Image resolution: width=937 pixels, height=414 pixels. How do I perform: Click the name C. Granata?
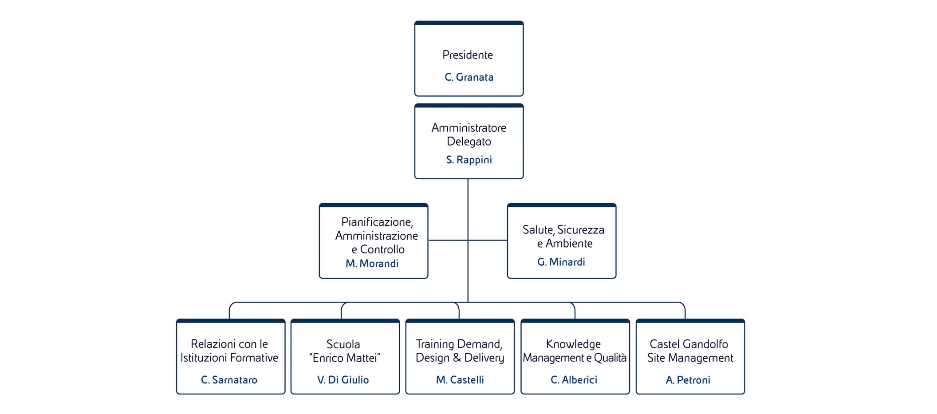[x=469, y=77]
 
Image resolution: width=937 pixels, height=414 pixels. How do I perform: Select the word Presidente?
[x=468, y=55]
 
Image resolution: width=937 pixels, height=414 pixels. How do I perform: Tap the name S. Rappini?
[x=469, y=160]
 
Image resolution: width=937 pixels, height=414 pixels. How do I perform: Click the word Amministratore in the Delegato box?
[x=468, y=128]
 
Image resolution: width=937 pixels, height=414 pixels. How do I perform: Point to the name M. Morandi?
[x=372, y=264]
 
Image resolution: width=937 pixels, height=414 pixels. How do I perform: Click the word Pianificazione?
[x=377, y=222]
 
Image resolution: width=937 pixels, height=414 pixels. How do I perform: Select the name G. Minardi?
[x=561, y=262]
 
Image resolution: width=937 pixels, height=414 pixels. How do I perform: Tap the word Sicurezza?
[x=580, y=230]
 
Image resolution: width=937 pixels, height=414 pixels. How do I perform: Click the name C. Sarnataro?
[x=229, y=380]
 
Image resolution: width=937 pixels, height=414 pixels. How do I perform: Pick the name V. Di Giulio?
[x=343, y=380]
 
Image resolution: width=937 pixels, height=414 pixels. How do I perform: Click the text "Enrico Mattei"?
[x=345, y=358]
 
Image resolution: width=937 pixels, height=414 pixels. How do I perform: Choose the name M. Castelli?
[x=460, y=380]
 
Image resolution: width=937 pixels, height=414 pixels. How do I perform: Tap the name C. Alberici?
[x=574, y=380]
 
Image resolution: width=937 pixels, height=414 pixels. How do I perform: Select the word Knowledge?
[x=573, y=344]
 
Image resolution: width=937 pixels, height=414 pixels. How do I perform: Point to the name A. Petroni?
[x=688, y=380]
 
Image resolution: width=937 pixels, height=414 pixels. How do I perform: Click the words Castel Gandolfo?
[x=689, y=344]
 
